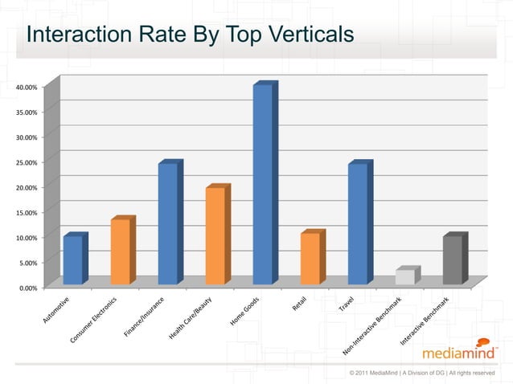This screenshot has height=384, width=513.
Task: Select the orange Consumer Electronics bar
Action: pyautogui.click(x=120, y=251)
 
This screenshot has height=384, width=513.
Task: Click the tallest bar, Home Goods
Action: pyautogui.click(x=262, y=184)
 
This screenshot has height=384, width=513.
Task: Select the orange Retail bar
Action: pyautogui.click(x=310, y=258)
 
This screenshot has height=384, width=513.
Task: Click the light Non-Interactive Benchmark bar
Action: pyautogui.click(x=404, y=276)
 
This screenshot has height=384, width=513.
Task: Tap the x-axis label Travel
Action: pyautogui.click(x=347, y=304)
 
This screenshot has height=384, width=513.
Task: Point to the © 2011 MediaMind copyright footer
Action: pyautogui.click(x=422, y=373)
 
